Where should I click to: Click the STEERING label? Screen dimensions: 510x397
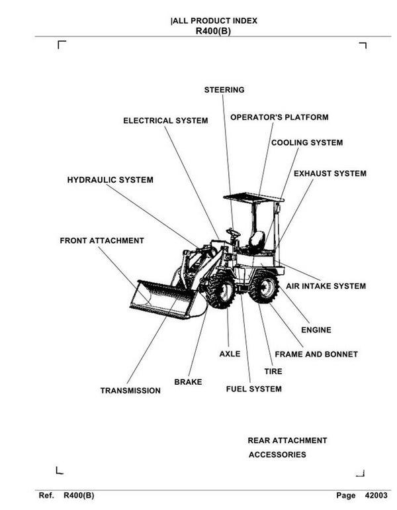(x=224, y=89)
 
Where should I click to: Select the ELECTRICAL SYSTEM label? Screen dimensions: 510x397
(x=165, y=121)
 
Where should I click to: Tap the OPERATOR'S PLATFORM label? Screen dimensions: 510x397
(x=279, y=117)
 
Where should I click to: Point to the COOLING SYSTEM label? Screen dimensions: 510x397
(x=307, y=142)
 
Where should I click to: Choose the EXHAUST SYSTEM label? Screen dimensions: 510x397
(x=330, y=174)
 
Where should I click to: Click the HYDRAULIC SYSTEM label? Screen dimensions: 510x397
(x=110, y=179)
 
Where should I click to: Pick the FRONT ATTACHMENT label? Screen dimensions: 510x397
(x=102, y=240)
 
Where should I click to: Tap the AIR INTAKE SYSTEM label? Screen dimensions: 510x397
(x=326, y=286)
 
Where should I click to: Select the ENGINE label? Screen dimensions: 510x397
(x=316, y=330)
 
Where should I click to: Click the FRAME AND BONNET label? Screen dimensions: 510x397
(x=316, y=354)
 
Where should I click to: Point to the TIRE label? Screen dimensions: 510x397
(x=273, y=372)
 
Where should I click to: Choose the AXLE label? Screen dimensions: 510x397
(x=230, y=354)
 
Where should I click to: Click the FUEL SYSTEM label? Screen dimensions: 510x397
(x=253, y=389)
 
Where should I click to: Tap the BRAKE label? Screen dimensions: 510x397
(x=188, y=382)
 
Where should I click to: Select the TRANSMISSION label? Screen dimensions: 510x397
(x=130, y=391)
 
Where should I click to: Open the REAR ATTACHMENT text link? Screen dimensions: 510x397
(x=287, y=440)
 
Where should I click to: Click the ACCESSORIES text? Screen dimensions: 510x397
(x=277, y=455)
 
